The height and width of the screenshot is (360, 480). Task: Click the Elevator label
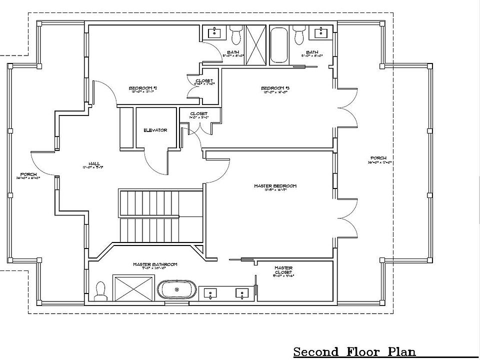point(155,130)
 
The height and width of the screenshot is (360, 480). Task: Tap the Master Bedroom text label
point(275,186)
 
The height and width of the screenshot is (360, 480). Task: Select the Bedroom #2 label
point(136,88)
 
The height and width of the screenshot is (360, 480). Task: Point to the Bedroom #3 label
point(275,88)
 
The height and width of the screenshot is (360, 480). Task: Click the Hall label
point(94,163)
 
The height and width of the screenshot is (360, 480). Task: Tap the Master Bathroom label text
point(155,264)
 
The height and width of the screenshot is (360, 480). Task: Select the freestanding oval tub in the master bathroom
point(176,290)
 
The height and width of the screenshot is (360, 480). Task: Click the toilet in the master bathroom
point(100,291)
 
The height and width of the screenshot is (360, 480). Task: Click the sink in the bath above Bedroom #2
point(214,33)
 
